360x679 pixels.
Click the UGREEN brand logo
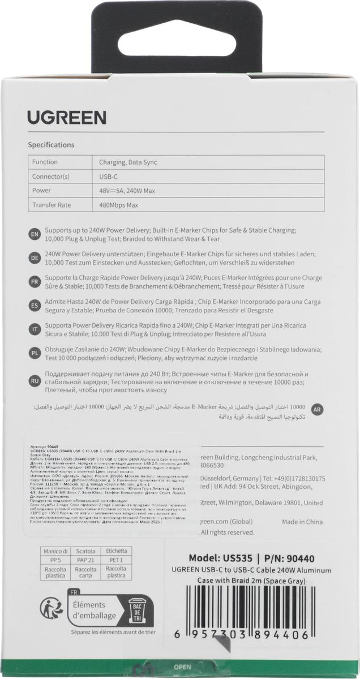pos(67,118)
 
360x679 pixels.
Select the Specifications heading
pos(52,145)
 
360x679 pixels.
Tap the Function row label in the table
pos(45,162)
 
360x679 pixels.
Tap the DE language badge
pos(34,257)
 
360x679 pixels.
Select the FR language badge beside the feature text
pos(34,281)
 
